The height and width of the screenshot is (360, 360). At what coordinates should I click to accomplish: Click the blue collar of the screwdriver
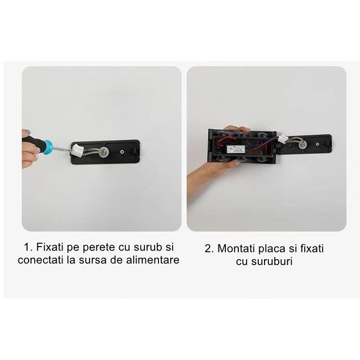click(x=47, y=147)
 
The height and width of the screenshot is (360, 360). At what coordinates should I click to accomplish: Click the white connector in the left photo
click(x=78, y=151)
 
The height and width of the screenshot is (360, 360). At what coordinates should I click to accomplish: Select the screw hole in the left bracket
click(x=121, y=152)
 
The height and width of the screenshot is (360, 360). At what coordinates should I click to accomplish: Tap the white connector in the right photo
click(x=282, y=140)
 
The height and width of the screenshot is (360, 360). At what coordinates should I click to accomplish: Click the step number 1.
click(x=28, y=248)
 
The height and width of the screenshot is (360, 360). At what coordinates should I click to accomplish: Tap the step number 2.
click(x=208, y=249)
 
